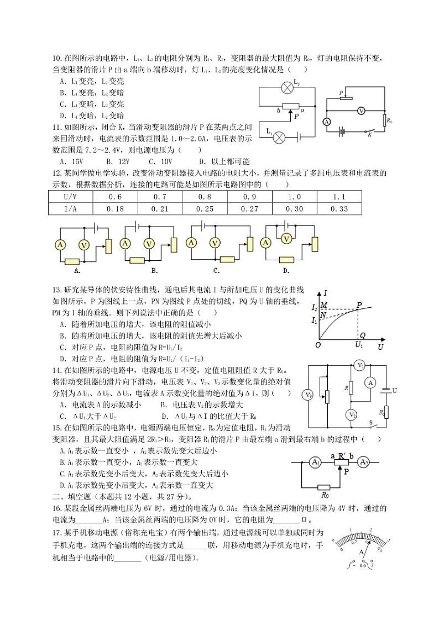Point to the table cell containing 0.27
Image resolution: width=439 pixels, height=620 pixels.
(249, 208)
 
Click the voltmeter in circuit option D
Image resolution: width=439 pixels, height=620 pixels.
(286, 238)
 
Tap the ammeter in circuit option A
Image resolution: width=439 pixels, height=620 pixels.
(60, 243)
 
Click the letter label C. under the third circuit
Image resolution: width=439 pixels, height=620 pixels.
(216, 270)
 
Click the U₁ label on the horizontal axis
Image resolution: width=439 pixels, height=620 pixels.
(359, 345)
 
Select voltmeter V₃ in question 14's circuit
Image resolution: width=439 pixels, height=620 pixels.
(308, 395)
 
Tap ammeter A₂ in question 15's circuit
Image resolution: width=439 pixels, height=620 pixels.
(363, 462)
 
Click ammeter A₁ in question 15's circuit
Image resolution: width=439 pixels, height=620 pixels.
(315, 462)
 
